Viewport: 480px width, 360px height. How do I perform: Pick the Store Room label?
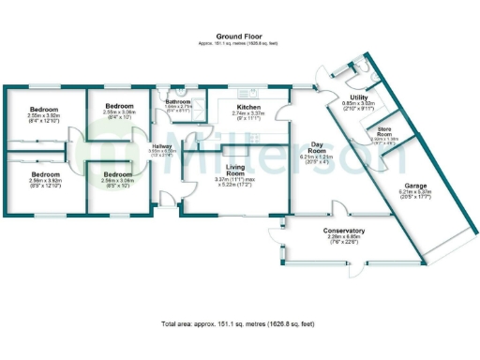(378, 130)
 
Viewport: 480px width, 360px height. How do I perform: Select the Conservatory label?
(343, 231)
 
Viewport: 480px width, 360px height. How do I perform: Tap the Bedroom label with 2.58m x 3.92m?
(45, 174)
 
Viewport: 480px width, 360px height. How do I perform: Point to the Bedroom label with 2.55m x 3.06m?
(121, 106)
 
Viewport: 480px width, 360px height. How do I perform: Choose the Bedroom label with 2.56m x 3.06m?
(117, 174)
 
